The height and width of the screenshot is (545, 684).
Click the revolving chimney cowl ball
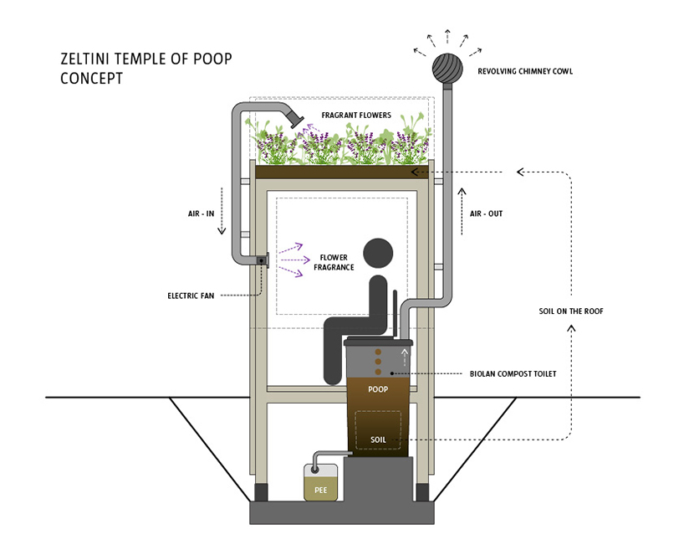tap(447, 67)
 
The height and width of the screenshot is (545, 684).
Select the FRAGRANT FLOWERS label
tap(356, 115)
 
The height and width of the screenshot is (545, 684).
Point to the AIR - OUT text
tap(486, 213)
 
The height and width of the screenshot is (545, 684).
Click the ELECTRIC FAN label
tap(191, 295)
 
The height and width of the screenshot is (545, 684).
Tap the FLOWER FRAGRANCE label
tap(334, 263)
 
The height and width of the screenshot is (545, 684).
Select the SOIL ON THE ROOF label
tap(571, 311)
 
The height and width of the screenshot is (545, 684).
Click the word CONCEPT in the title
tap(92, 79)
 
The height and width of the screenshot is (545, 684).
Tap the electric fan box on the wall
tap(262, 260)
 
